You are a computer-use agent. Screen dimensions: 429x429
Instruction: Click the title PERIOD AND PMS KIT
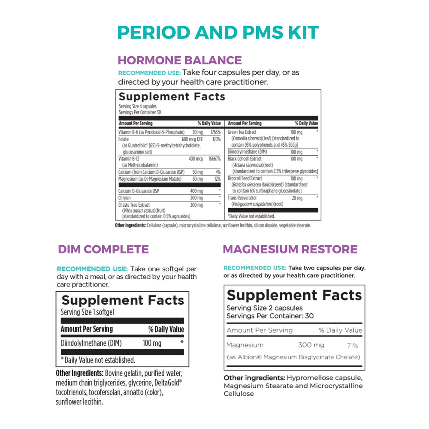point(218,33)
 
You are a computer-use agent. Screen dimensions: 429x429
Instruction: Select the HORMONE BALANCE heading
point(180,60)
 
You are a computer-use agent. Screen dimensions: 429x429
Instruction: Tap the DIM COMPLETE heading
point(103,249)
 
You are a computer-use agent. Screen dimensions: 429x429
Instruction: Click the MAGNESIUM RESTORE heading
point(290,249)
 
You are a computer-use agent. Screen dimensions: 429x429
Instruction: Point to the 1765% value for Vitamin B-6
point(215,133)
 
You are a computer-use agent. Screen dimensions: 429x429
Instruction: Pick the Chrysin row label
point(125,198)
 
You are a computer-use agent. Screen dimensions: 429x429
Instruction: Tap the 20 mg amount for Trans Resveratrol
point(296,198)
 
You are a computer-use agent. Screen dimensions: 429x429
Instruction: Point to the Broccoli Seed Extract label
point(245,178)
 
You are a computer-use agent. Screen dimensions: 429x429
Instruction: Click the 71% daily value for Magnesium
point(353,345)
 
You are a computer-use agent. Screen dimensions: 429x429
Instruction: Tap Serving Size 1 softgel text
point(87,312)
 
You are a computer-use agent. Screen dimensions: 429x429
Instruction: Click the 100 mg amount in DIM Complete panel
point(152,343)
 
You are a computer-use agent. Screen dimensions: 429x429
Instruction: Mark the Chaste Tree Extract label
point(134,205)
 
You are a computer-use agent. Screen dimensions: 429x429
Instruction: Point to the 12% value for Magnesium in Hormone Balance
point(217,178)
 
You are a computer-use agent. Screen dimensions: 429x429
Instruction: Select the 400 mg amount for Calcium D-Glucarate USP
point(197,191)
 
